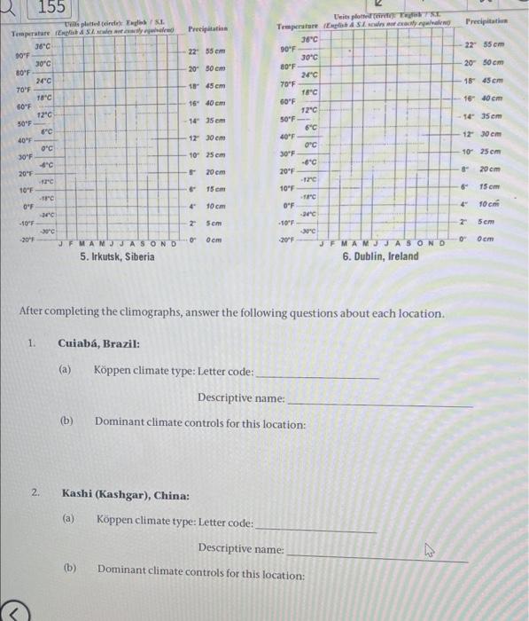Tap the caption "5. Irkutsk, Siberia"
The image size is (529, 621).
(117, 256)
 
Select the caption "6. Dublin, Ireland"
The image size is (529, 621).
(381, 255)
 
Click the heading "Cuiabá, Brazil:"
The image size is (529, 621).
(98, 343)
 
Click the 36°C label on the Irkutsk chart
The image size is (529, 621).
(43, 44)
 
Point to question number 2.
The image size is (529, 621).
(35, 492)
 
